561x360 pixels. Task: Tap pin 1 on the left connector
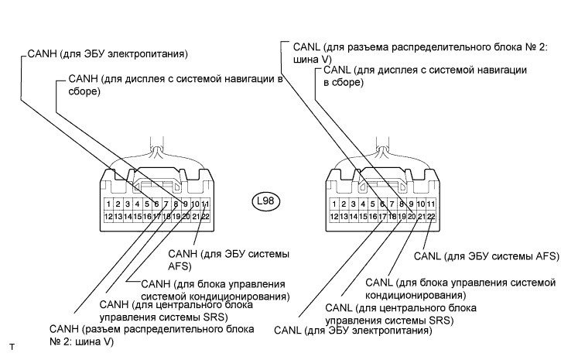click(x=109, y=204)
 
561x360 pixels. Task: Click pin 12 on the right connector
click(x=334, y=217)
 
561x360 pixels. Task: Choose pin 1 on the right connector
click(x=334, y=204)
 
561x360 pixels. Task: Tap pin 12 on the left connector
click(x=109, y=217)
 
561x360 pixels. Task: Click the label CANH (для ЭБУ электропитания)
click(x=108, y=54)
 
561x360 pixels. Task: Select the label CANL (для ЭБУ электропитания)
click(x=353, y=331)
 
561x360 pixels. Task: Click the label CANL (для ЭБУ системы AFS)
click(x=487, y=255)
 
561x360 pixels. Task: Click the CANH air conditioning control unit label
click(x=216, y=290)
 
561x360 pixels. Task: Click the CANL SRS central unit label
click(x=401, y=314)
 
